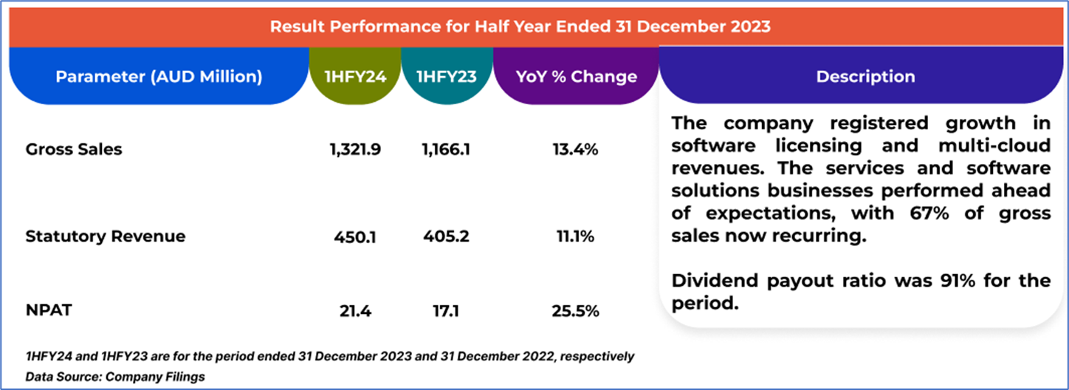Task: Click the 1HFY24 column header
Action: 355,77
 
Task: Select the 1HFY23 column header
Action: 446,77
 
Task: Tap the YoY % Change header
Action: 575,77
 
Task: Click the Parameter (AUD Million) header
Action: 159,77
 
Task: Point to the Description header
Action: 865,77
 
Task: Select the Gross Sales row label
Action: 74,149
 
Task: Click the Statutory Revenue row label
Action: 95,236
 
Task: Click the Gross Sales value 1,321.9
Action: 355,150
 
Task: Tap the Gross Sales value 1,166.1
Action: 445,150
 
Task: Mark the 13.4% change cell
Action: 575,150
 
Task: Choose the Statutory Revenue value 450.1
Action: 355,237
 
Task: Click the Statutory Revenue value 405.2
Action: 445,237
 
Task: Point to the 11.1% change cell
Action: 575,237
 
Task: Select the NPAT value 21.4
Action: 355,311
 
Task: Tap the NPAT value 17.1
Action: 445,311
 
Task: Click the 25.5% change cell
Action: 575,311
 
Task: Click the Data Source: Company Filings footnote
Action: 115,377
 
